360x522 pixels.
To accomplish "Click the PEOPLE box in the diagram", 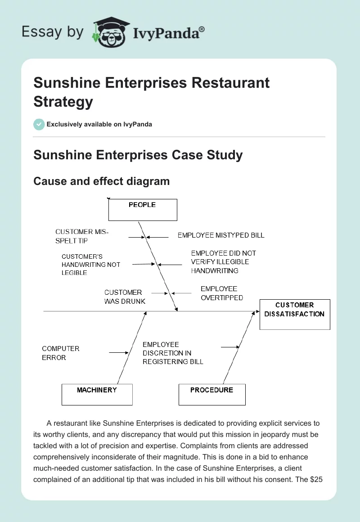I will click(x=143, y=210).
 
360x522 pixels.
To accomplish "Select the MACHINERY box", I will click(x=97, y=394).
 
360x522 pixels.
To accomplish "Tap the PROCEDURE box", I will click(x=212, y=394).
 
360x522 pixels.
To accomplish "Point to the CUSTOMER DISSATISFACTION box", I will click(x=295, y=314).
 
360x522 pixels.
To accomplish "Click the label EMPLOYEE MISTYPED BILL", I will click(x=221, y=235).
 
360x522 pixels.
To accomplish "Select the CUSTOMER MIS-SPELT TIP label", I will click(x=82, y=236).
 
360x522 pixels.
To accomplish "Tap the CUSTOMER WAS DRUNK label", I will click(x=125, y=297).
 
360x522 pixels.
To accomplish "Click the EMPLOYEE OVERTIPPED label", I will click(x=221, y=293).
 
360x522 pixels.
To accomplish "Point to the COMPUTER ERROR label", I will click(x=60, y=353).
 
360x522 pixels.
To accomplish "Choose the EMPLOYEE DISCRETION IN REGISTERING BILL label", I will click(x=173, y=353).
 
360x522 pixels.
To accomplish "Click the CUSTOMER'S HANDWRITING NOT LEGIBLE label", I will click(x=91, y=265).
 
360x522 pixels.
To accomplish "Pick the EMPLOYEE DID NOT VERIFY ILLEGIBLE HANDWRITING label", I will click(x=223, y=262).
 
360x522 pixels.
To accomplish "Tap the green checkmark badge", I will click(x=39, y=124).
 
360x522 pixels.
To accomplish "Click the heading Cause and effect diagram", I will click(x=102, y=181).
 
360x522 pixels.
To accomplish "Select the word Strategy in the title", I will click(x=63, y=101).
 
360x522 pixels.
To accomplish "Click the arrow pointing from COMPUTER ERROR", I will click(x=119, y=353).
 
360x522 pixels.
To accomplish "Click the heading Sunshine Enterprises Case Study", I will click(x=138, y=155).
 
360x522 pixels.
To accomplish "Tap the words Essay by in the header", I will click(x=53, y=31).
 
